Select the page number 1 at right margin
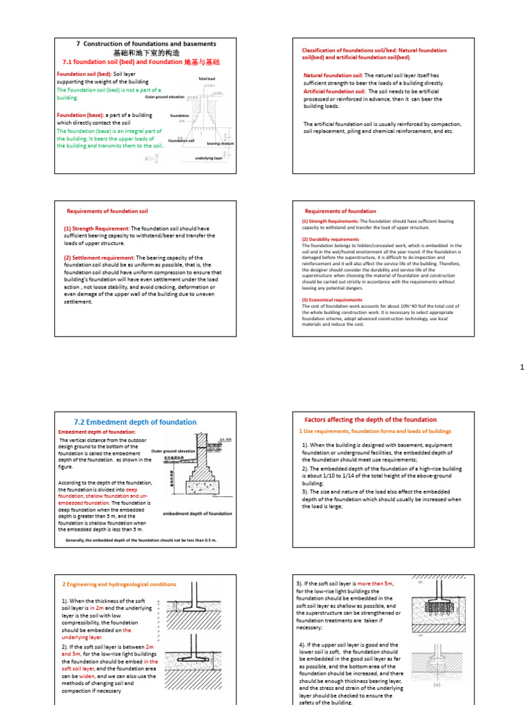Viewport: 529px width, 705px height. (522, 368)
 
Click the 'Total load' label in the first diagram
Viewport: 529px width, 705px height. (207, 79)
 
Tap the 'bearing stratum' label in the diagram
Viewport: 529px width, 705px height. (220, 144)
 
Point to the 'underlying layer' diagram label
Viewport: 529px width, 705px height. (209, 158)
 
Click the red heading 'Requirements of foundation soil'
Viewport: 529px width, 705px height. (107, 211)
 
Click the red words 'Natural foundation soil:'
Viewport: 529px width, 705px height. (333, 75)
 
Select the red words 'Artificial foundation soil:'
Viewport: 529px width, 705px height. (335, 91)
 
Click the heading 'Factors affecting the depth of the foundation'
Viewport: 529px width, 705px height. (371, 419)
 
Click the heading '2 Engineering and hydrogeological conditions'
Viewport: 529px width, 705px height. (119, 584)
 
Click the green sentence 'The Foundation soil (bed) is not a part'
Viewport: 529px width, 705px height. (108, 90)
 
